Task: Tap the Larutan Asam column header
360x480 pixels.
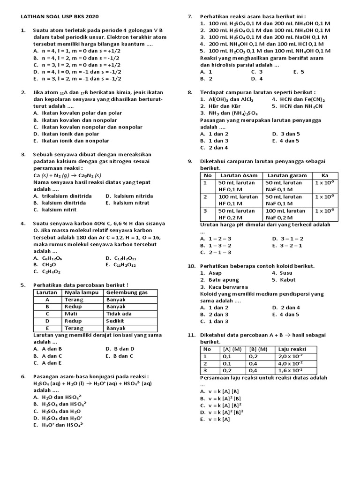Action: pos(239,175)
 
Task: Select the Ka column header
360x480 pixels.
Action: pos(324,175)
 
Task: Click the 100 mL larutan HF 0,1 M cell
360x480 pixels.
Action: pos(238,200)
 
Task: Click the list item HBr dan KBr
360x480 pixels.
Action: pos(220,106)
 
